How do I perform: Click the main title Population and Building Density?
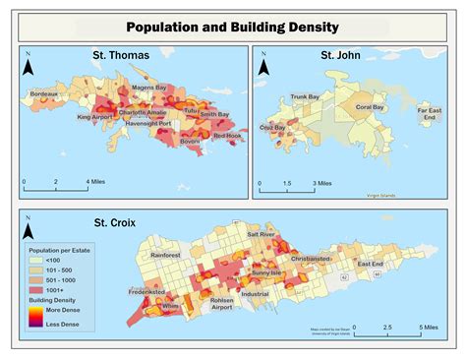(x=233, y=27)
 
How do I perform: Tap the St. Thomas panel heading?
(x=121, y=55)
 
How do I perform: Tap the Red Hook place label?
(x=227, y=136)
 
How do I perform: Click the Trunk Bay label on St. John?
(x=305, y=96)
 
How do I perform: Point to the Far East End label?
(x=430, y=114)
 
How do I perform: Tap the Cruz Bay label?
(x=273, y=128)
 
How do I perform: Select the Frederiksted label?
(x=146, y=292)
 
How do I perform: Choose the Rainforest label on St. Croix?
(x=165, y=255)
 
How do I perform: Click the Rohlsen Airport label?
(x=221, y=304)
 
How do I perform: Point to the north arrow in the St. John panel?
(x=264, y=68)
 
